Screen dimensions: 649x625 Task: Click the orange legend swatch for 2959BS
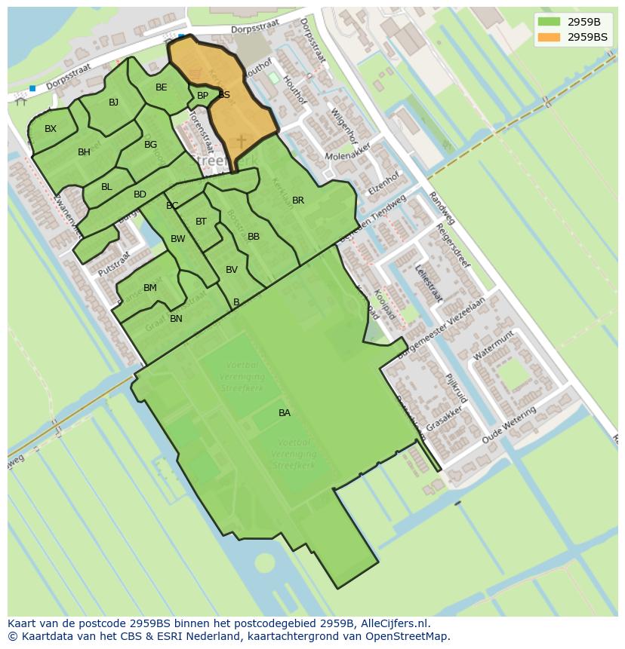pos(550,37)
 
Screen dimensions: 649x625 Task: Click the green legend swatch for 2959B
pos(550,21)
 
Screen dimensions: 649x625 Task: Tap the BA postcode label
pos(285,412)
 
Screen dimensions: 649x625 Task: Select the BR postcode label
pos(298,201)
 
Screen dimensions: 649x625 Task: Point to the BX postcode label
pos(51,129)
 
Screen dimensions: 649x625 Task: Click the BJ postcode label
pos(113,103)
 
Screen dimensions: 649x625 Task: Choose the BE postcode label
pos(161,87)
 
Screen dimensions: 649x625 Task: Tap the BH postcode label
pos(84,152)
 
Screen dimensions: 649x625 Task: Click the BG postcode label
pos(150,145)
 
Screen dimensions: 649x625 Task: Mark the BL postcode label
pos(106,187)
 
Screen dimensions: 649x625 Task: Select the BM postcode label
pos(150,288)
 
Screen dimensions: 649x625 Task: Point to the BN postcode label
pos(176,319)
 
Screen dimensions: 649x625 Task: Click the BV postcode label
pos(232,270)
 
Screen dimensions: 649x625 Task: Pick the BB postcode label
pos(254,237)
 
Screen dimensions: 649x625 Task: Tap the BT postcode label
pos(201,222)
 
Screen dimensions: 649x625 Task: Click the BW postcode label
pos(177,239)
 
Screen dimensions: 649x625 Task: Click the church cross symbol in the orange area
pos(242,141)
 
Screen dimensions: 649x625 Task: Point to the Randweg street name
pos(442,208)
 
